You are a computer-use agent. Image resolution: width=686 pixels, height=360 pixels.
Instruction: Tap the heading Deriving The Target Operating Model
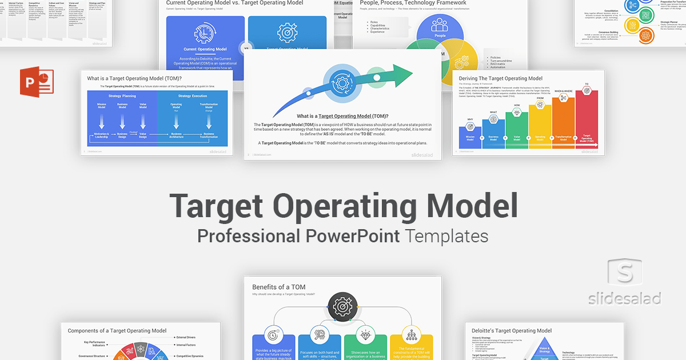(500, 79)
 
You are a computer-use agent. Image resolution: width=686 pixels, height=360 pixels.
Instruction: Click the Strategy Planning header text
(122, 95)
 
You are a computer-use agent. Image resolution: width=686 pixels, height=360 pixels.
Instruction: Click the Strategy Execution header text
(192, 95)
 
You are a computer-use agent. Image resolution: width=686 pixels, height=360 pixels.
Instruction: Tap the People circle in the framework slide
(440, 27)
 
